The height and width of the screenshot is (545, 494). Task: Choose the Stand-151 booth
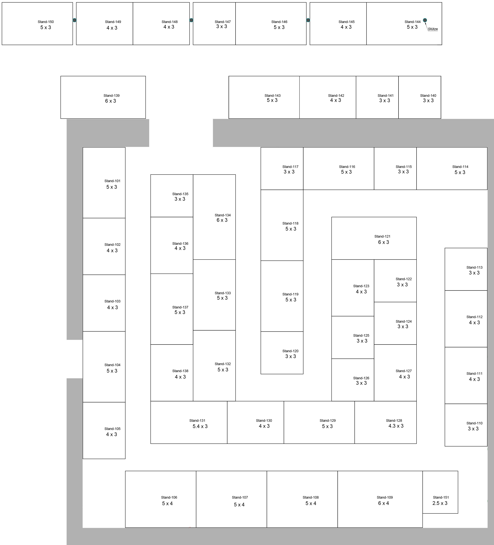[440, 492]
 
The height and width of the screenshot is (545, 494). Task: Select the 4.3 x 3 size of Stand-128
[396, 426]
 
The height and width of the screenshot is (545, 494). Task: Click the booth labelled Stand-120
[282, 353]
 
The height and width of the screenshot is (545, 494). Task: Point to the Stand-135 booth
[172, 196]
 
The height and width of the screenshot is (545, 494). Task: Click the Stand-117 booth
[282, 168]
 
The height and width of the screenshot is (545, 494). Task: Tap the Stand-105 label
[112, 429]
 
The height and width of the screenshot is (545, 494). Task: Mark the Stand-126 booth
[353, 380]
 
